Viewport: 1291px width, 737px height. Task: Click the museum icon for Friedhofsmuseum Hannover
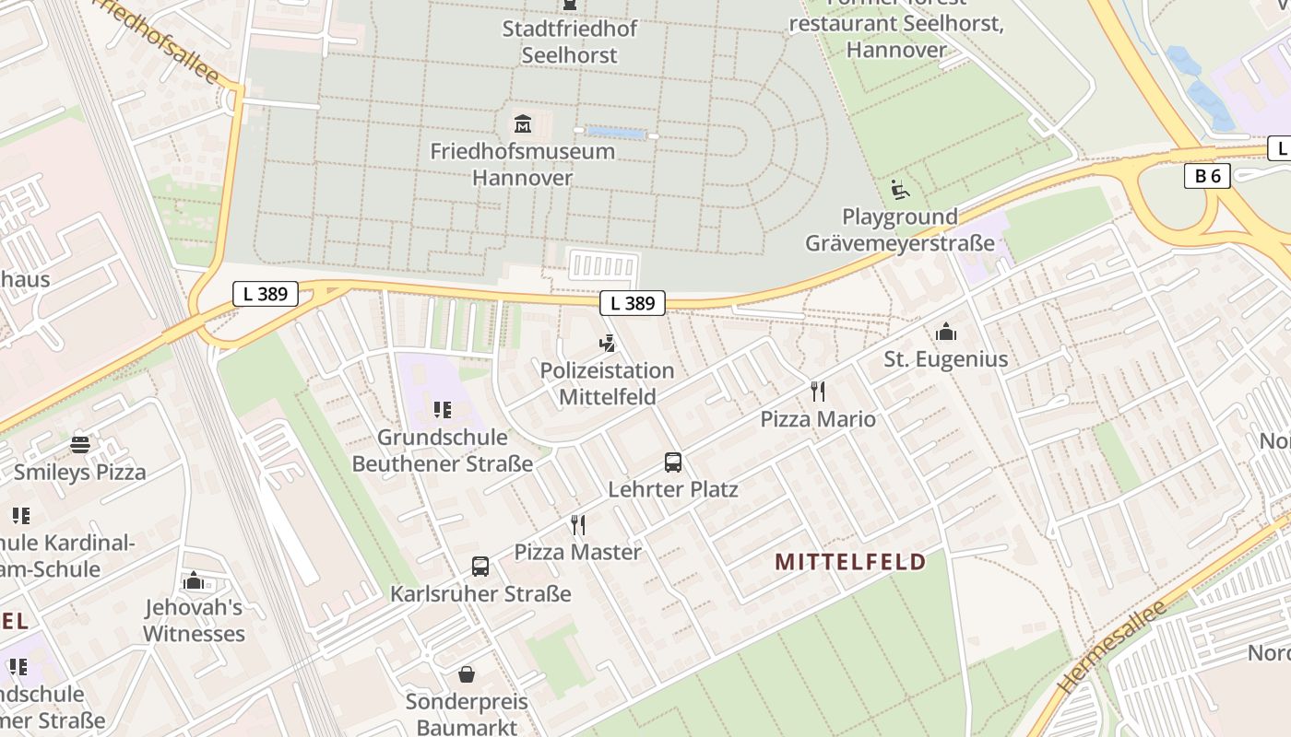[523, 123]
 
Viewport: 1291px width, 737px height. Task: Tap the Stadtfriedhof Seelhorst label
[569, 41]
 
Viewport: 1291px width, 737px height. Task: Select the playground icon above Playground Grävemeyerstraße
[900, 190]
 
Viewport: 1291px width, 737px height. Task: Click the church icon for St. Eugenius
[946, 332]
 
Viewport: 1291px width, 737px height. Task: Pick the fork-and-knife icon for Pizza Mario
[818, 392]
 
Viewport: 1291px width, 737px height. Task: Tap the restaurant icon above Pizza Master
[578, 525]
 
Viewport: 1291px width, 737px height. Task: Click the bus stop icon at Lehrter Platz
[673, 462]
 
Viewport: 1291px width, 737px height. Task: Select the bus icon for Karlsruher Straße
[480, 567]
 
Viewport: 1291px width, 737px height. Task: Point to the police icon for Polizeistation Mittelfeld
[607, 345]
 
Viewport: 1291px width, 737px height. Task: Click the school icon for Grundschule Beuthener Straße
[442, 410]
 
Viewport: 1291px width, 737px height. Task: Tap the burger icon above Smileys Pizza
[80, 445]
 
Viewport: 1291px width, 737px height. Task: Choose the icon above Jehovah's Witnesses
[194, 580]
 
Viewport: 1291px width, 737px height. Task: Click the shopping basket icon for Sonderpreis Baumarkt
[467, 674]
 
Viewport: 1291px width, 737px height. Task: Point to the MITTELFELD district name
[850, 562]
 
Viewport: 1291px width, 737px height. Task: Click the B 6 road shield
[1207, 176]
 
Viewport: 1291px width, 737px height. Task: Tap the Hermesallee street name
[1112, 648]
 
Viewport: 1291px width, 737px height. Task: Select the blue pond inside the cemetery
[616, 134]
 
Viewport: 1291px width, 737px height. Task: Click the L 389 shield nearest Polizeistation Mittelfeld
[633, 303]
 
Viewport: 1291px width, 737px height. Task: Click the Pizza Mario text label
[818, 419]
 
